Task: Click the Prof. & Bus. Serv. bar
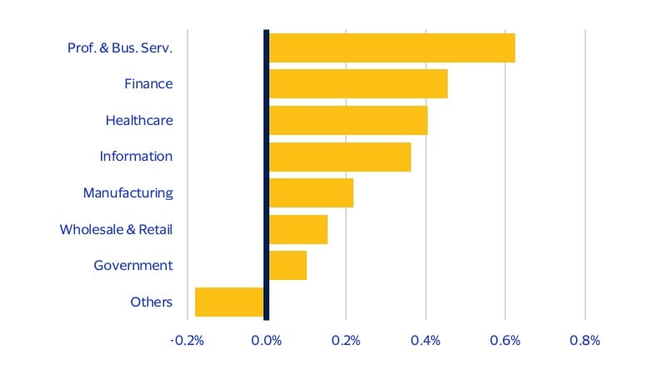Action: [392, 47]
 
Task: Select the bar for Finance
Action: [358, 84]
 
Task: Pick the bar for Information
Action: [339, 157]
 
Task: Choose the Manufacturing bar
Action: [310, 193]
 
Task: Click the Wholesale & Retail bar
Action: [298, 229]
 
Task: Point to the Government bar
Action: [287, 266]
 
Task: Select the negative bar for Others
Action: [229, 302]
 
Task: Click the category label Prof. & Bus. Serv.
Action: [120, 47]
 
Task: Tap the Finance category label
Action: [148, 84]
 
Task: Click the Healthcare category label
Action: [139, 120]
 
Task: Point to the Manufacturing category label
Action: [128, 193]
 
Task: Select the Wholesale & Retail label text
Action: [116, 229]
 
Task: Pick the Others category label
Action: [151, 302]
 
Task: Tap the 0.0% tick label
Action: [267, 341]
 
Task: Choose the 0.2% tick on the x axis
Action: [346, 341]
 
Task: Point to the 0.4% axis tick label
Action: [426, 341]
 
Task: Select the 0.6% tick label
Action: [505, 341]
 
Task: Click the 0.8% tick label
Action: [584, 341]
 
